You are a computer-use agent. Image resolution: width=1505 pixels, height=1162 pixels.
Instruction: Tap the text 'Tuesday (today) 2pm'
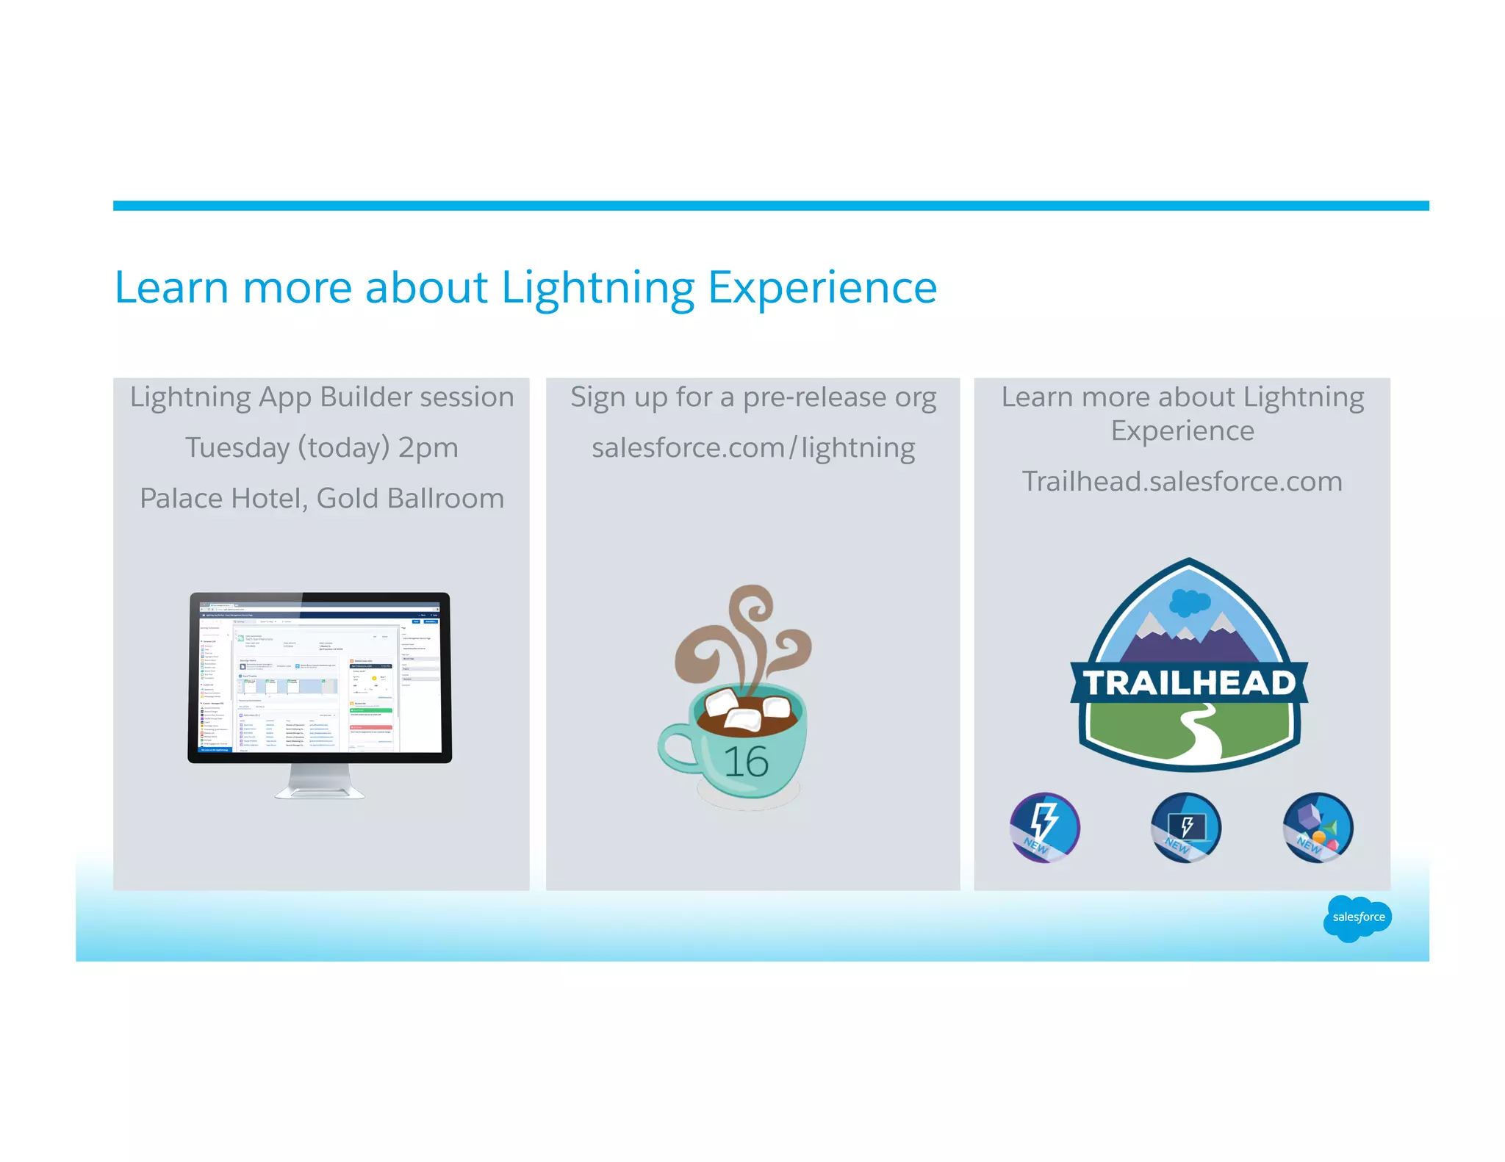(x=321, y=447)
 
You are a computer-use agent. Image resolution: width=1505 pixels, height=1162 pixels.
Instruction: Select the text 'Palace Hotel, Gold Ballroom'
(x=321, y=498)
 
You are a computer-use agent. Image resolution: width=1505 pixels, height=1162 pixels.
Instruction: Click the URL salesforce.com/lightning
(x=752, y=447)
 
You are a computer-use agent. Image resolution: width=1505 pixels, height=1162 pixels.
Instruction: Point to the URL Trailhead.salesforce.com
(x=1182, y=481)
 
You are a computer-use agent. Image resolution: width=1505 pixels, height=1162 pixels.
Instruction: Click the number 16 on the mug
(x=745, y=761)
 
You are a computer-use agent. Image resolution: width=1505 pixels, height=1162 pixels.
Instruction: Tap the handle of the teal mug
(x=675, y=748)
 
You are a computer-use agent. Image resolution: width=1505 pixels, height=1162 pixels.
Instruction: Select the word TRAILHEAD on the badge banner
(x=1189, y=682)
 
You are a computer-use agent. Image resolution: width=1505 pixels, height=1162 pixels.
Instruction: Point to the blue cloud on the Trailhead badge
(x=1189, y=602)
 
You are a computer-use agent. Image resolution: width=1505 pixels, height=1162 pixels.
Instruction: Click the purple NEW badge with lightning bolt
(x=1044, y=826)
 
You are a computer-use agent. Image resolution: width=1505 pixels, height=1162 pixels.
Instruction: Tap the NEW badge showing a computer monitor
(x=1185, y=826)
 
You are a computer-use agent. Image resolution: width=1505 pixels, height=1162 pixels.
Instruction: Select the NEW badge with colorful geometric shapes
(x=1318, y=826)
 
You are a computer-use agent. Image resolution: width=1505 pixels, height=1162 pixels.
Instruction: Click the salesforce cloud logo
(x=1357, y=917)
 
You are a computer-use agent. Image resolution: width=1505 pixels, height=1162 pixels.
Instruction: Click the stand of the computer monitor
(x=320, y=782)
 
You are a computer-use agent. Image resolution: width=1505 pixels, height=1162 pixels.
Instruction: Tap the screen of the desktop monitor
(x=320, y=676)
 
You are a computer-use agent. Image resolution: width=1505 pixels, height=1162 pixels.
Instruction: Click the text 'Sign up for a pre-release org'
(x=752, y=397)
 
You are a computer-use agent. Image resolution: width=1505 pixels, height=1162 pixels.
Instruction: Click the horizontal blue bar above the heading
(x=770, y=206)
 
